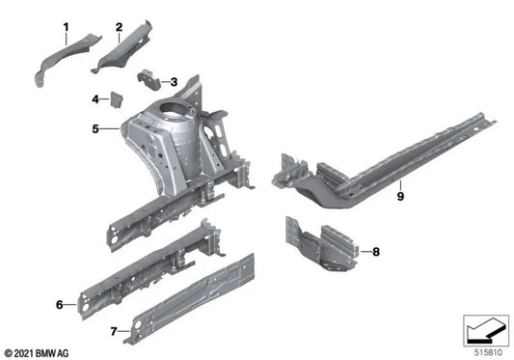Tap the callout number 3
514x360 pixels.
(174, 82)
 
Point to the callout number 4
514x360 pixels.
(95, 98)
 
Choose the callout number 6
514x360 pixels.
(60, 304)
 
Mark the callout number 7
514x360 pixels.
(113, 331)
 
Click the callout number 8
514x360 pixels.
(376, 252)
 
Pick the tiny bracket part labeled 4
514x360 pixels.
(114, 98)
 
